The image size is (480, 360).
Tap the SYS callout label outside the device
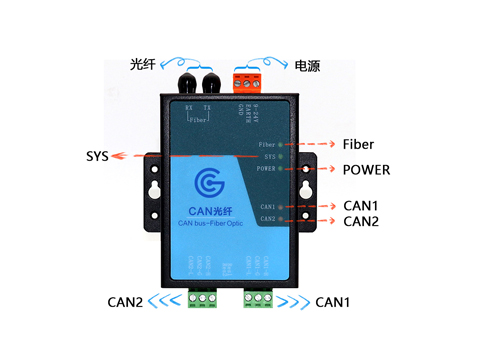96,157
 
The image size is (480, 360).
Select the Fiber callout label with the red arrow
358,144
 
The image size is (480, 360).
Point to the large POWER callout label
366,169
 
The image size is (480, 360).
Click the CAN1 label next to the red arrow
360,205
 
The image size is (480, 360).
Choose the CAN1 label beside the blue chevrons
333,301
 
